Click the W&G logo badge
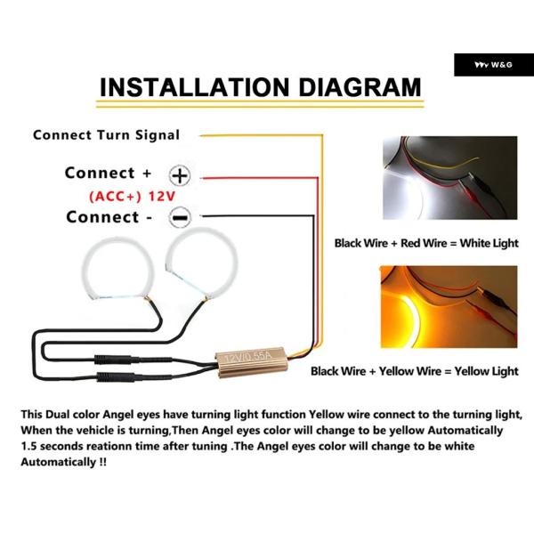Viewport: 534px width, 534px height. [494, 65]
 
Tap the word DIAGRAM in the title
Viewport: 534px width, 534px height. [360, 87]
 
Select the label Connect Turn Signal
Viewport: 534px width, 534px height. [106, 135]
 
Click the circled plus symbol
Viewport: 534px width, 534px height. [180, 175]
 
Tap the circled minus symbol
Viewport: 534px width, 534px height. [180, 217]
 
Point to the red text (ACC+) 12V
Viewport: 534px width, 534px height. [132, 197]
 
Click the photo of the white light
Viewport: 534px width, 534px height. [449, 178]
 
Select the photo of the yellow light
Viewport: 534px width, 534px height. [449, 307]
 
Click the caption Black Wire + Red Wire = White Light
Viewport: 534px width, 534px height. [426, 243]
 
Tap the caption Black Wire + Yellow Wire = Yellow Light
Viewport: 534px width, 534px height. [415, 371]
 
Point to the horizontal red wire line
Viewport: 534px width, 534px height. [260, 178]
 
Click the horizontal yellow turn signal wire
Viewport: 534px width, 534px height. [261, 135]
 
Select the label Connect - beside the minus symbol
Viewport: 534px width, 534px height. [109, 217]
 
